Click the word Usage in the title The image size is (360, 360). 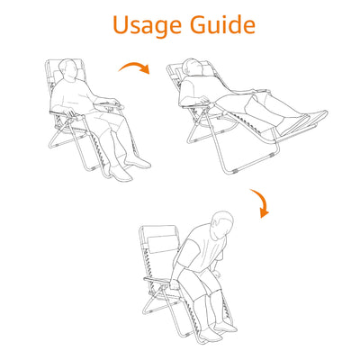pos(147,26)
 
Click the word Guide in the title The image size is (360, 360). pos(223,24)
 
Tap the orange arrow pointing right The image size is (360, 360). pos(134,67)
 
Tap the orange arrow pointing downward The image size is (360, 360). pos(260,203)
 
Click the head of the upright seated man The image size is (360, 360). pos(68,70)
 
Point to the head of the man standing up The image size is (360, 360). pos(222,224)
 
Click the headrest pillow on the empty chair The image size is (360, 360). pos(164,244)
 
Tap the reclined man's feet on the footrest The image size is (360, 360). pos(300,122)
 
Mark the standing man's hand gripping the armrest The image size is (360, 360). pos(175,284)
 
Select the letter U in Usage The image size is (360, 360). pos(122,24)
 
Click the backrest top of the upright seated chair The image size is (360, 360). pos(63,61)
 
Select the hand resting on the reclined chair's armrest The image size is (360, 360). pos(206,100)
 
